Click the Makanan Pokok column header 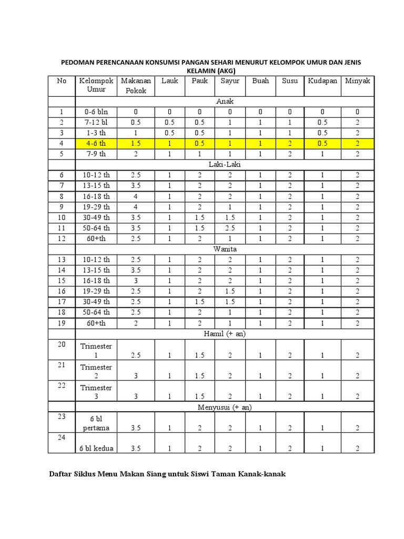(136, 86)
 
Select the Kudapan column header (322, 81)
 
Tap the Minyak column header (358, 81)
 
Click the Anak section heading (225, 101)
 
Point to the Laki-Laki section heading (225, 165)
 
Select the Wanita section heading (225, 249)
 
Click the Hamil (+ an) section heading (225, 334)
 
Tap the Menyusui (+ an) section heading (225, 407)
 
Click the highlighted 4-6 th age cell (96, 143)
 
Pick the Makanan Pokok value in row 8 (136, 196)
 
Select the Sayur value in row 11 (230, 228)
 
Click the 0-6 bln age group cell (96, 112)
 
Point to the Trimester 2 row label (96, 371)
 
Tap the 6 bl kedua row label (96, 448)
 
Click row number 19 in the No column (62, 323)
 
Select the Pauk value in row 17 (199, 302)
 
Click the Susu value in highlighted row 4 (289, 143)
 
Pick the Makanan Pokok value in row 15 (136, 281)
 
